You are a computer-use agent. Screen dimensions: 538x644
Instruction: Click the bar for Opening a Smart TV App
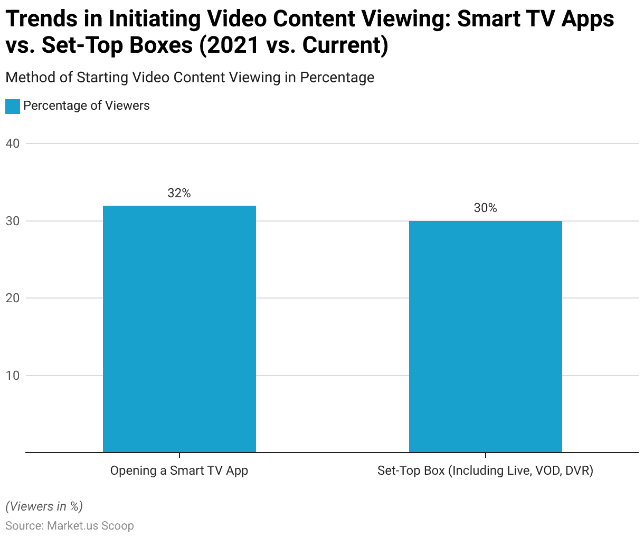click(x=179, y=329)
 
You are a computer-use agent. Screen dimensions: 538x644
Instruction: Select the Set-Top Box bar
click(x=485, y=337)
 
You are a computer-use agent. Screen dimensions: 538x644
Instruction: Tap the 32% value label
click(x=179, y=193)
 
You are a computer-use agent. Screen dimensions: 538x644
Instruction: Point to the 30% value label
click(x=485, y=208)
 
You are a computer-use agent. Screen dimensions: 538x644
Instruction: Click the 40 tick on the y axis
click(x=13, y=143)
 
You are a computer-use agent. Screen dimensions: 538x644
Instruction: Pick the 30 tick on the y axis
click(x=13, y=221)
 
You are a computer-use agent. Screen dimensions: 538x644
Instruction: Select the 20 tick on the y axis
click(x=13, y=298)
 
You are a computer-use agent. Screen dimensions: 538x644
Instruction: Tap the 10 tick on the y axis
click(x=13, y=376)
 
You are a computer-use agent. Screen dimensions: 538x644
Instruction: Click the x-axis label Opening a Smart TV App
click(x=179, y=470)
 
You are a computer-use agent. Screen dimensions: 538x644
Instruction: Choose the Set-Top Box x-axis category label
click(x=485, y=470)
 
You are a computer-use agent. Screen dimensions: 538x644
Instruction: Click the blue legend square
click(x=13, y=106)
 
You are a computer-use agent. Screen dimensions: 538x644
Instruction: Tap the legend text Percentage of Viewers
click(x=87, y=105)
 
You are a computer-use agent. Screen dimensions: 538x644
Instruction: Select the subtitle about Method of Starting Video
click(x=190, y=78)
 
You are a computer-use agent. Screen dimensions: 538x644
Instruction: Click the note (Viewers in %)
click(x=44, y=506)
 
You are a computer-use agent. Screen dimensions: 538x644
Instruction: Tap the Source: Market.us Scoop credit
click(x=70, y=526)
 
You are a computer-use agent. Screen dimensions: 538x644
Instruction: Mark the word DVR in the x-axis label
click(x=579, y=470)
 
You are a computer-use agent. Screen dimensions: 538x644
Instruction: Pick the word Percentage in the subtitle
click(x=337, y=78)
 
